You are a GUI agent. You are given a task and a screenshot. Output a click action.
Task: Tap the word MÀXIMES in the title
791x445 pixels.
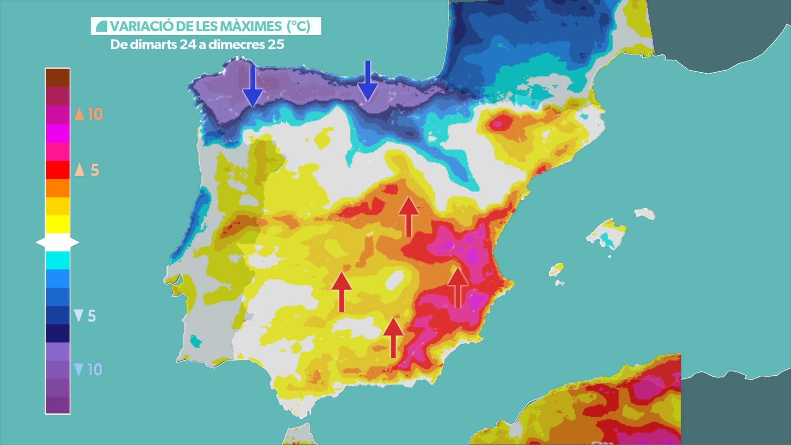click(x=247, y=26)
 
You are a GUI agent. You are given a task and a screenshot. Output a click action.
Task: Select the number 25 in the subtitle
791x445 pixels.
click(x=276, y=44)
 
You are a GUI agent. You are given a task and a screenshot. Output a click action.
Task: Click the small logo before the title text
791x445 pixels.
click(x=101, y=26)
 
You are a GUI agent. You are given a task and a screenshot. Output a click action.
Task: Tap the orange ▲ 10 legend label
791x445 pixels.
click(x=88, y=114)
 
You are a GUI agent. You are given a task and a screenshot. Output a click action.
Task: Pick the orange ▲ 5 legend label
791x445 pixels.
click(x=87, y=170)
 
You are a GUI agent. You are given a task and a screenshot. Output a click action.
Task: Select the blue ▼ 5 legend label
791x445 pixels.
click(x=85, y=316)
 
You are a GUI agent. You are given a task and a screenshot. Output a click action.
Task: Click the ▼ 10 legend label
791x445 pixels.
click(x=88, y=369)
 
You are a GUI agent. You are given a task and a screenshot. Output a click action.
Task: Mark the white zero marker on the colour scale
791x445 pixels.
click(x=57, y=242)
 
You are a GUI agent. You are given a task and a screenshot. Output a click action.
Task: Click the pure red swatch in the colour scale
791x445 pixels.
click(x=57, y=170)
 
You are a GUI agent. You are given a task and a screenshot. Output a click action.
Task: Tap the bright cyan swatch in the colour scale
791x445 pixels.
click(x=57, y=260)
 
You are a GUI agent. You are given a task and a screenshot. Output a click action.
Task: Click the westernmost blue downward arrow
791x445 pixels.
click(x=253, y=86)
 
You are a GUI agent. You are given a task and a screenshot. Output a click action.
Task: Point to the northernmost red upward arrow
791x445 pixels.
click(x=408, y=217)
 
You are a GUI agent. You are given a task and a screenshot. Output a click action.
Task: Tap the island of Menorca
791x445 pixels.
click(x=645, y=214)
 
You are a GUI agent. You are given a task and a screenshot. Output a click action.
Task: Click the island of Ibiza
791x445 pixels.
click(x=556, y=270)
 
